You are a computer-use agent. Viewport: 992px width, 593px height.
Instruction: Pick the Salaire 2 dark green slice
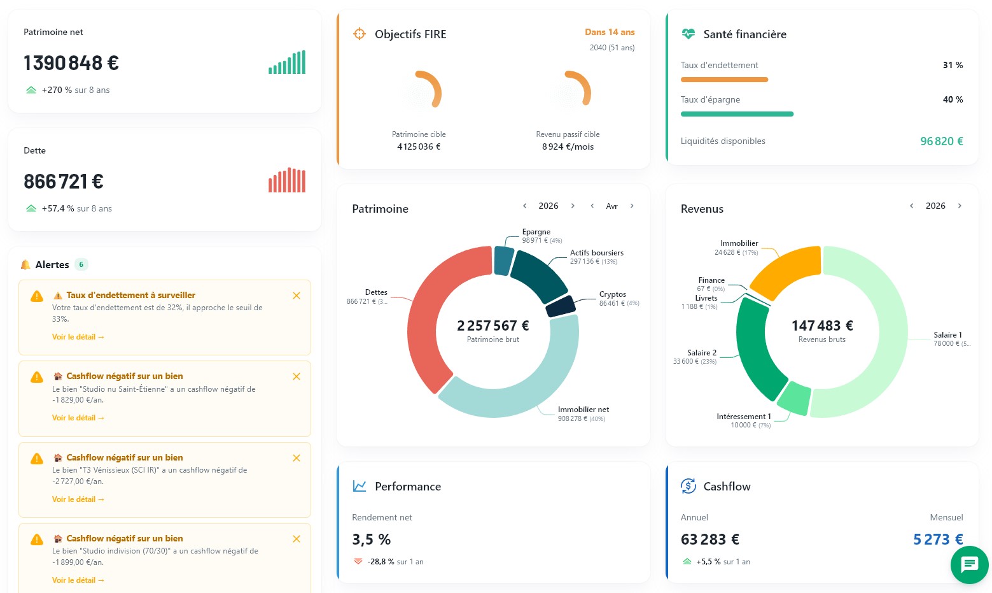(x=753, y=350)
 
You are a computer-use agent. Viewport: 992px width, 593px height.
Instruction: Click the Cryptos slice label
(x=613, y=294)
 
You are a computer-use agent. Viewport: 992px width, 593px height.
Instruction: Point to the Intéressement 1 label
(x=744, y=416)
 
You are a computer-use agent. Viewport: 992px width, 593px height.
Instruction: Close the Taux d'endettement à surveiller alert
(x=297, y=296)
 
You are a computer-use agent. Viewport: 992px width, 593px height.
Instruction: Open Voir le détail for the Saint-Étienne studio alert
(x=78, y=418)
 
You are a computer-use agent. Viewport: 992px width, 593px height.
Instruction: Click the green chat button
(x=969, y=564)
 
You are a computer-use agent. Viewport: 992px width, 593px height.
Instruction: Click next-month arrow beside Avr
(x=632, y=206)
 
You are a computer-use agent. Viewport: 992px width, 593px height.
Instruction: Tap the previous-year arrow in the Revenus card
(x=911, y=206)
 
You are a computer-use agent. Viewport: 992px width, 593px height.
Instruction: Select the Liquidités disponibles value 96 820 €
(x=942, y=141)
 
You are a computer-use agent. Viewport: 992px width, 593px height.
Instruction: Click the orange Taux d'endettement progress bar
(x=724, y=80)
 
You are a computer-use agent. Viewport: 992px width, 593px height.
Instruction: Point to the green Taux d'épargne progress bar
(x=737, y=114)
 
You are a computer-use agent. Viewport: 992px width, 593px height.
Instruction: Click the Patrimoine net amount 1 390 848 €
(x=71, y=62)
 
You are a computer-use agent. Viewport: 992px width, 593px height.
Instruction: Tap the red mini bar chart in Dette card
(x=287, y=180)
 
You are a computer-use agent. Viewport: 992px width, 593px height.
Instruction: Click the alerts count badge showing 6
(x=81, y=264)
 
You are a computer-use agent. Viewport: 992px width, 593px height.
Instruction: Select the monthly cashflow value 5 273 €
(x=938, y=539)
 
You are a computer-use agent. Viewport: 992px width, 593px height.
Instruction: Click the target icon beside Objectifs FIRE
(x=359, y=34)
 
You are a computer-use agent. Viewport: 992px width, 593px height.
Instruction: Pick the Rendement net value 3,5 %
(x=371, y=539)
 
